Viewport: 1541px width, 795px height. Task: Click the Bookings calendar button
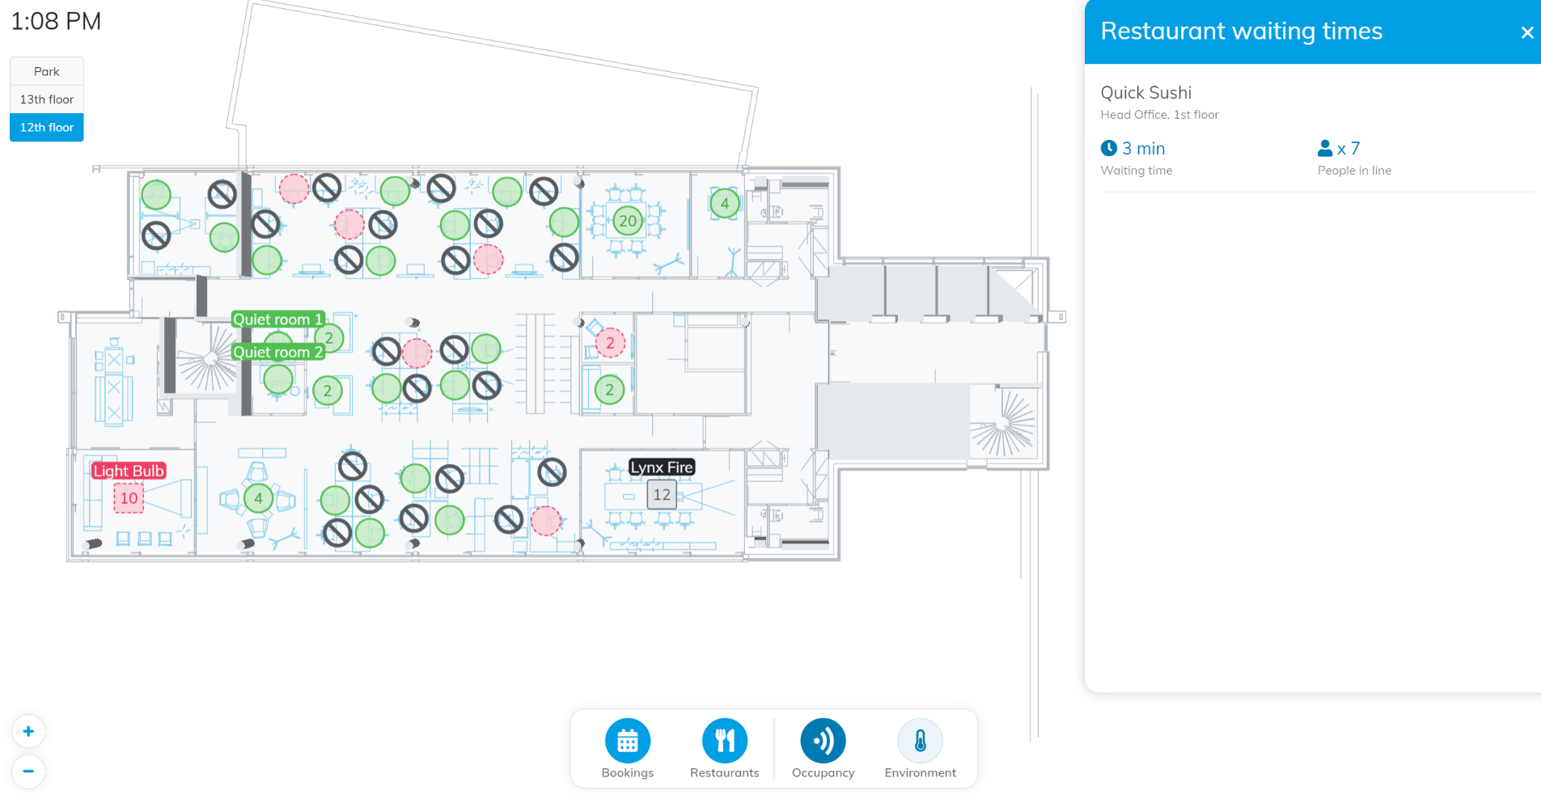[628, 741]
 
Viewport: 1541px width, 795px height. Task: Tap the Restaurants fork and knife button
[725, 741]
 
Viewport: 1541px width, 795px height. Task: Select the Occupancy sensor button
[823, 741]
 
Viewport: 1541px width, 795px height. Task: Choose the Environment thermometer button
[921, 741]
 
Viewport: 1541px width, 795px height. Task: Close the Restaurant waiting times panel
[1526, 32]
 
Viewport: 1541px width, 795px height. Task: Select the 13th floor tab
[47, 99]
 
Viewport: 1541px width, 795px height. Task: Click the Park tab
[47, 71]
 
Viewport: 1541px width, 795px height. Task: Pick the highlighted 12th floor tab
[47, 128]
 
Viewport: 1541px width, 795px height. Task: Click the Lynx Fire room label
[662, 467]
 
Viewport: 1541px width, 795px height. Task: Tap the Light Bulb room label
[129, 471]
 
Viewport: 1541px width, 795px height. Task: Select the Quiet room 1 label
[277, 319]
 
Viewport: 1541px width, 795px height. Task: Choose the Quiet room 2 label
[277, 352]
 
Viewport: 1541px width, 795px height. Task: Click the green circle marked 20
[628, 221]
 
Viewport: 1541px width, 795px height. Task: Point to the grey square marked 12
[662, 495]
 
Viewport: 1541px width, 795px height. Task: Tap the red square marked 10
[129, 498]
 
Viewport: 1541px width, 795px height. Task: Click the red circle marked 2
[610, 343]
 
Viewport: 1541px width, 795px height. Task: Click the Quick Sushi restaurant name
[1145, 93]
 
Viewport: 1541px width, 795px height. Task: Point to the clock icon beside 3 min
[1109, 148]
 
